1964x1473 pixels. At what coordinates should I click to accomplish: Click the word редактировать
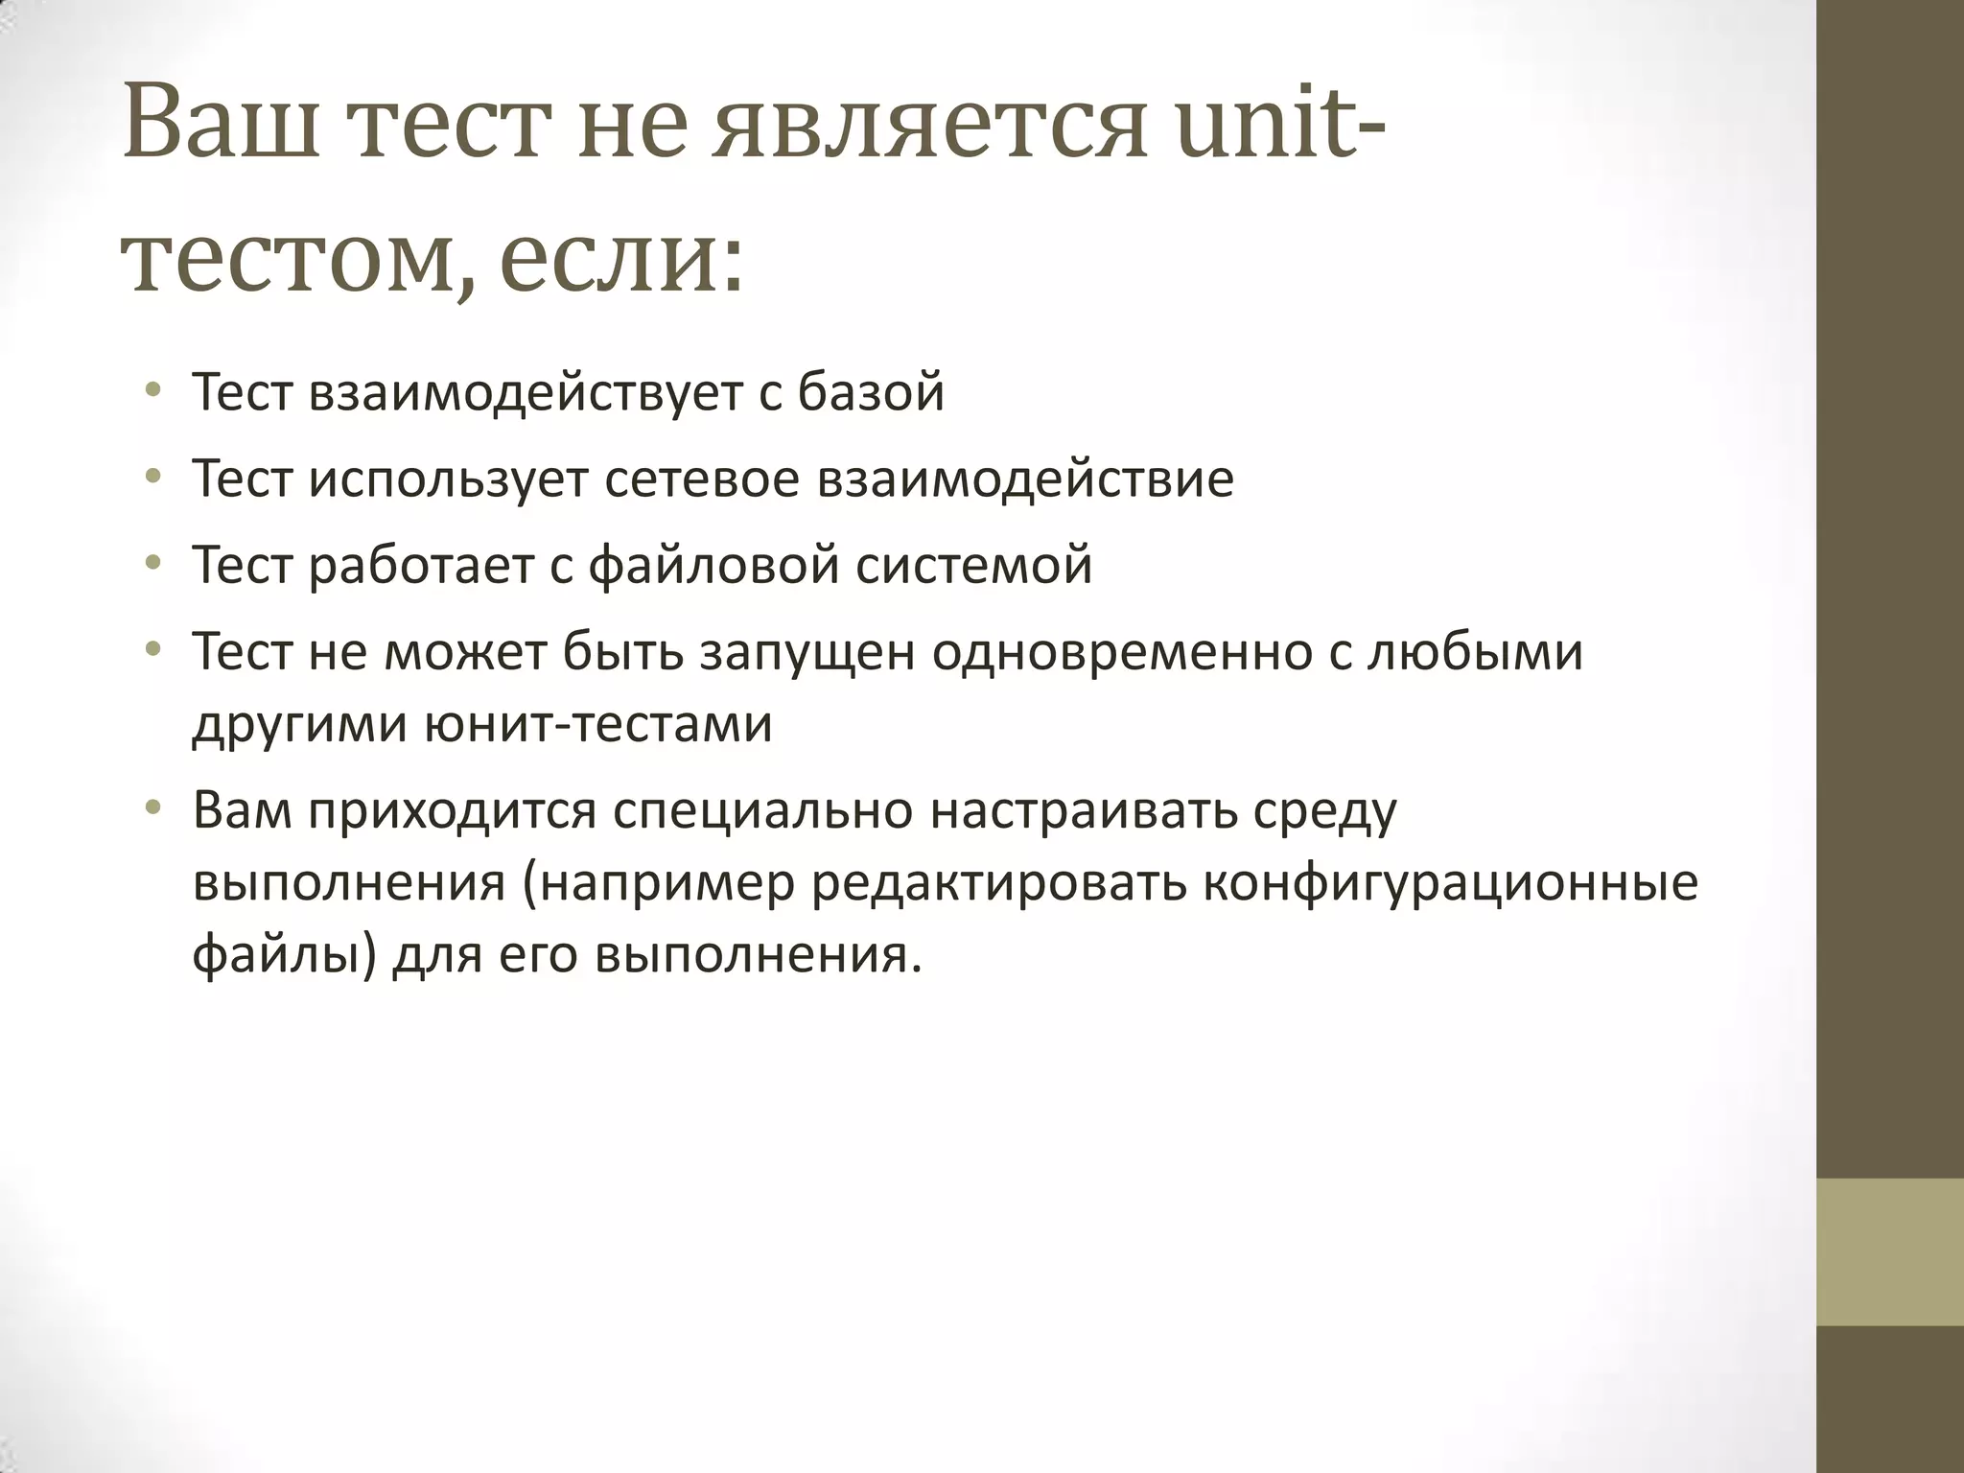pos(997,882)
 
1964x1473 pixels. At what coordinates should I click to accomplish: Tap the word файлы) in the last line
pos(284,955)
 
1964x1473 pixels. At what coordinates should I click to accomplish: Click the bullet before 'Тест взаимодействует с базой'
pos(152,390)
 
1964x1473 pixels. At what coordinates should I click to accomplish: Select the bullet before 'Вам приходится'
pos(152,808)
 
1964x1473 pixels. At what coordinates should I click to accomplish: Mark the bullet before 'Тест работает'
pos(152,563)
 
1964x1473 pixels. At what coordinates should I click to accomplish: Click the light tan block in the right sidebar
pos(1889,1251)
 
